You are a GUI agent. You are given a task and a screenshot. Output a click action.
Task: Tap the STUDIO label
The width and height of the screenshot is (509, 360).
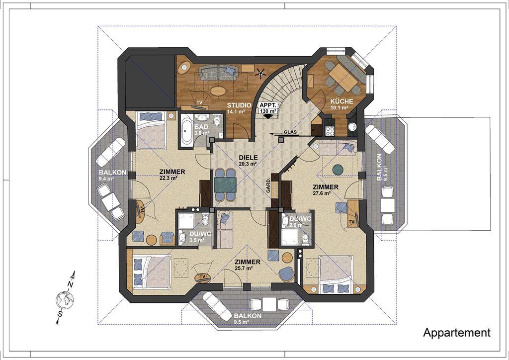tap(239, 105)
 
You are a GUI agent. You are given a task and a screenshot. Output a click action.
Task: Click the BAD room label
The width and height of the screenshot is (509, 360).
tap(201, 127)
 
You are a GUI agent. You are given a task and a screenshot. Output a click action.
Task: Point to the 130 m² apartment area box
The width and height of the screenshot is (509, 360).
tap(268, 108)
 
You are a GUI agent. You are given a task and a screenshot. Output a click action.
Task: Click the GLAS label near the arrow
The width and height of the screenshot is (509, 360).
tap(290, 132)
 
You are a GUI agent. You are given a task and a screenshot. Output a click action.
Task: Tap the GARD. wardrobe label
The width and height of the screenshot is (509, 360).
tap(268, 185)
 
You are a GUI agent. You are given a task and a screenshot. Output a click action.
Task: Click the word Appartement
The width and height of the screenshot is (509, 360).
tap(457, 333)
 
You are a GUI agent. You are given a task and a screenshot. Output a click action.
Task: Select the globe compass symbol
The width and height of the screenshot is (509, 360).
tap(65, 299)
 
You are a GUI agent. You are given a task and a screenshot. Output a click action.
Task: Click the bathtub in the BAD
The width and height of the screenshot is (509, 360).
tap(187, 131)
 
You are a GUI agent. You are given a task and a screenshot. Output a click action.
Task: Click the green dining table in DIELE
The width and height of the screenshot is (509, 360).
tap(225, 185)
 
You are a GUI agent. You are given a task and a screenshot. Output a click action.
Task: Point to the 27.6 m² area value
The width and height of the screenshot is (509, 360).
tap(322, 193)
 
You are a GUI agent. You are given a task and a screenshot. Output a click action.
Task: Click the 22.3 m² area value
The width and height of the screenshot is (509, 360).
tap(168, 178)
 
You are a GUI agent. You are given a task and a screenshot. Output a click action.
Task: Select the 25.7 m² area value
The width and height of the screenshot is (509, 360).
tap(244, 268)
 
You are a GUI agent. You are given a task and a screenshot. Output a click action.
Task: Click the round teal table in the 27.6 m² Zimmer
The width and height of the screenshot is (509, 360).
tap(338, 169)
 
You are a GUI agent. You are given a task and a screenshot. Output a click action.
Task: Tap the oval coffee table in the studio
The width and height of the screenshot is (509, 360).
tap(218, 90)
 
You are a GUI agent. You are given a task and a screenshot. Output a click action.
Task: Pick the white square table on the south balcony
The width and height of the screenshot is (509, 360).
tap(269, 304)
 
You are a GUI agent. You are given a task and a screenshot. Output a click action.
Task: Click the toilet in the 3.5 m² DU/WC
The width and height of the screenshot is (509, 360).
tap(205, 220)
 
